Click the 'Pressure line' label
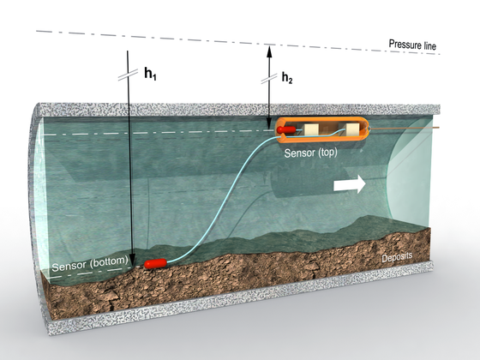[x=412, y=45]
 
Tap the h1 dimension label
[x=150, y=74]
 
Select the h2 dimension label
[x=287, y=78]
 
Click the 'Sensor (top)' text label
[x=310, y=153]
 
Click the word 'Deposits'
[x=397, y=257]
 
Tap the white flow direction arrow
[x=350, y=184]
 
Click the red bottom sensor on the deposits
[x=155, y=264]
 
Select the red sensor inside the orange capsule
[x=286, y=129]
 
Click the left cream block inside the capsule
[x=312, y=129]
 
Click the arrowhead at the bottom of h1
[x=132, y=259]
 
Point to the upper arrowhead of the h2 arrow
[x=269, y=51]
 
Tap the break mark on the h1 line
[x=129, y=75]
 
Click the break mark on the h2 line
[x=269, y=78]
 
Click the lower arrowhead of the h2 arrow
[x=269, y=123]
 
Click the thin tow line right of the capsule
[x=405, y=128]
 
